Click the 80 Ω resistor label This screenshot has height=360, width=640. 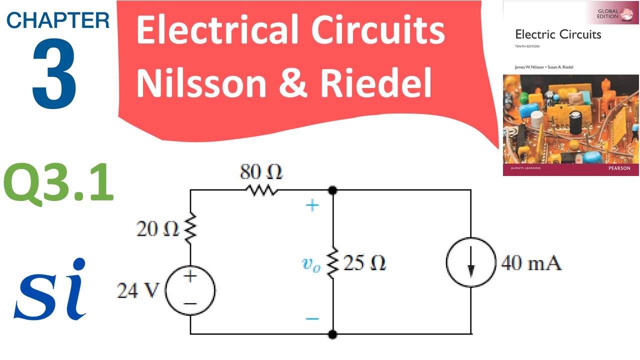[261, 173]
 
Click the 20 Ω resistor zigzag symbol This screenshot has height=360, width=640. [190, 229]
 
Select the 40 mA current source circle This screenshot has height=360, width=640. [470, 263]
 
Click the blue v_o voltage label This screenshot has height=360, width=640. [311, 264]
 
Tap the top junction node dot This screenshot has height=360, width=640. [332, 190]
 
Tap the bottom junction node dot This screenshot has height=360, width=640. [332, 333]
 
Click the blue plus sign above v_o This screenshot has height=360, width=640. [312, 205]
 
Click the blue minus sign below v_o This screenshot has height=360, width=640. [312, 318]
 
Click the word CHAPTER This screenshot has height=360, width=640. [58, 20]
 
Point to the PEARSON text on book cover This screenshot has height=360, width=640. [622, 168]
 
